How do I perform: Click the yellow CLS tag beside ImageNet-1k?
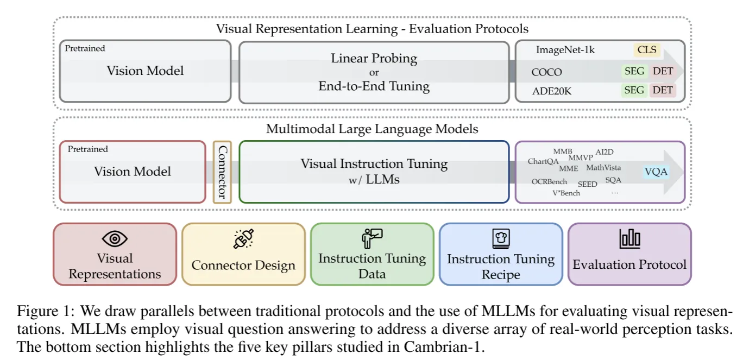coord(647,50)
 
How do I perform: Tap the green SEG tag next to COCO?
coord(634,71)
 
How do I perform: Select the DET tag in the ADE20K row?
coord(663,90)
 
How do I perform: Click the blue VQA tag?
coord(656,172)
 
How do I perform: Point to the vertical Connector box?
coord(222,172)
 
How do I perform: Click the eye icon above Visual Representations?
coord(115,238)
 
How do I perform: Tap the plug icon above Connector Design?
coord(243,239)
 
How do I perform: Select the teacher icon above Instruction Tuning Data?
coord(372,238)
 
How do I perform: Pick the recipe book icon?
coord(500,239)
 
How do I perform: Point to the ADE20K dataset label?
coord(552,91)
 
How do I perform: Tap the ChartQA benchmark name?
coord(543,161)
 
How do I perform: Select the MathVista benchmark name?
coord(603,168)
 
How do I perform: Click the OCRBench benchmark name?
coord(549,182)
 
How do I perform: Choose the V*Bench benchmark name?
coord(566,193)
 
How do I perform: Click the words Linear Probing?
coord(374,58)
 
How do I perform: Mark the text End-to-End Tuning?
coord(374,86)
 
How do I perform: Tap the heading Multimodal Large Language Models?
coord(372,129)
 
